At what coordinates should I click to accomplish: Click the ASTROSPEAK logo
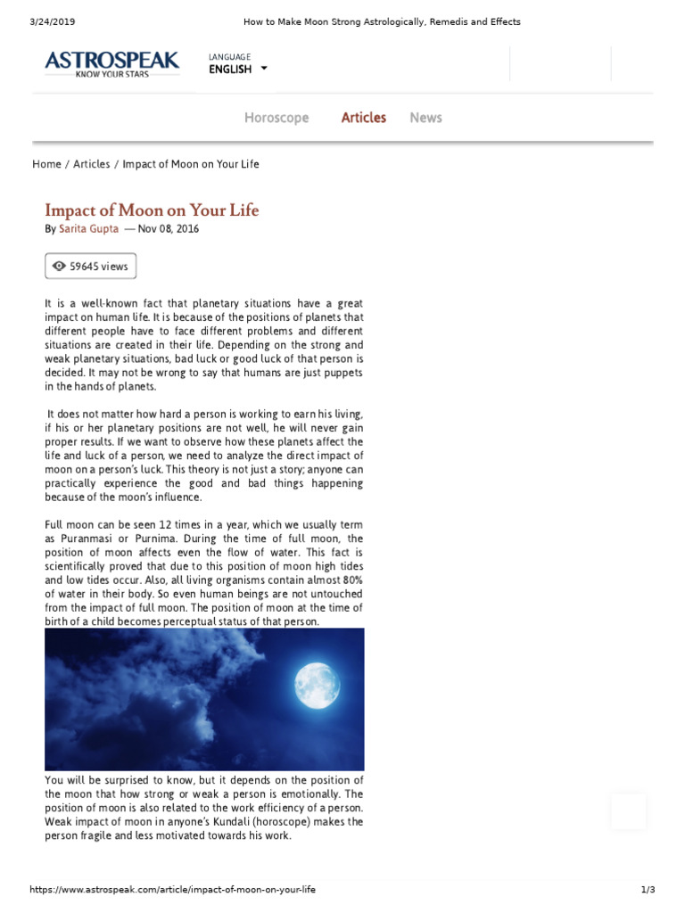[x=112, y=62]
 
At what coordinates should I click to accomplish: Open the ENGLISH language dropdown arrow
[x=264, y=69]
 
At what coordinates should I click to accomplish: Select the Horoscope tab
[x=276, y=118]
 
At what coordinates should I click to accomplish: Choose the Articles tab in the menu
[x=364, y=118]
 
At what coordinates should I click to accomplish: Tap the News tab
[x=425, y=118]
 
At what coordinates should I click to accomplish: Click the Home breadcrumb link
[x=46, y=164]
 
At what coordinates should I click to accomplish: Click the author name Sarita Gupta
[x=88, y=229]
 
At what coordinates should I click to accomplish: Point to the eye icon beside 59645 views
[x=59, y=266]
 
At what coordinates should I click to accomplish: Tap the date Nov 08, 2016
[x=169, y=229]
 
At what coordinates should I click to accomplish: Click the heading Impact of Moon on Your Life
[x=152, y=210]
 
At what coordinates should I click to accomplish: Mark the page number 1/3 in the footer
[x=648, y=890]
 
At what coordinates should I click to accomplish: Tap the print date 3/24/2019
[x=34, y=21]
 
